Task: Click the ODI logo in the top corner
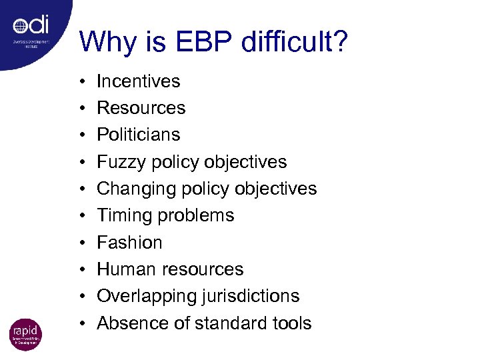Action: (31, 27)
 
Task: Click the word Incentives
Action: (139, 81)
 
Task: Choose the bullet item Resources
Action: (141, 108)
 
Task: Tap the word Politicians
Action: (139, 135)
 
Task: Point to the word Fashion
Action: (129, 243)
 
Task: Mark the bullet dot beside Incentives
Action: (80, 82)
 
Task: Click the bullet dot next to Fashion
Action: (80, 243)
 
